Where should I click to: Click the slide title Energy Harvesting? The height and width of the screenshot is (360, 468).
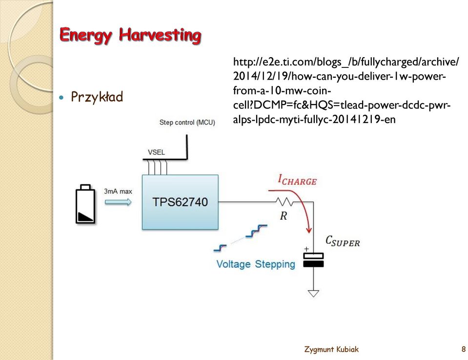(x=130, y=36)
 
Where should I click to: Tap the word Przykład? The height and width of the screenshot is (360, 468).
(x=97, y=97)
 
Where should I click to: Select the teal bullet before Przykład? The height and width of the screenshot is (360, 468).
(x=62, y=97)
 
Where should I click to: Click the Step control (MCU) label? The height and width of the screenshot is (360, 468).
(x=187, y=123)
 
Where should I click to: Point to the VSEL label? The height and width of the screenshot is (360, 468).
(x=156, y=152)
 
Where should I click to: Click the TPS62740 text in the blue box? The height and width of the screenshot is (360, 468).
(x=180, y=202)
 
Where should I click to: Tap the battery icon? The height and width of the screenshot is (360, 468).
(x=86, y=204)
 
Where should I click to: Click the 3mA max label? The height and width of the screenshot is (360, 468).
(x=118, y=191)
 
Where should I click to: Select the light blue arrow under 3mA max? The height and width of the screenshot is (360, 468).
(x=118, y=202)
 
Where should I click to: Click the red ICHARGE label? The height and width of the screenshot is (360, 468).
(x=297, y=180)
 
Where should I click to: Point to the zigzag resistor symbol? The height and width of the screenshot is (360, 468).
(x=285, y=202)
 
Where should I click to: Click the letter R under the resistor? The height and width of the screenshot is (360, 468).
(x=283, y=216)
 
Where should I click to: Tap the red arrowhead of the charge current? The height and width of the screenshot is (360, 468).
(x=309, y=230)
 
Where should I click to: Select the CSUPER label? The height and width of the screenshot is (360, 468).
(x=343, y=241)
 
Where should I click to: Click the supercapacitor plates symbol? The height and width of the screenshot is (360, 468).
(x=313, y=260)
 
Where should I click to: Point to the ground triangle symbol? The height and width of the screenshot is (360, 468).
(x=313, y=294)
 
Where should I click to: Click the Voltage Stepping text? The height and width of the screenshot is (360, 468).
(x=256, y=264)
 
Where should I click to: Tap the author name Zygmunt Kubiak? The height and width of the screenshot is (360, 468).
(x=331, y=349)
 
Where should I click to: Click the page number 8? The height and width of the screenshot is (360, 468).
(x=464, y=349)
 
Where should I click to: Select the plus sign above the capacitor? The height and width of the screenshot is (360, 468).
(x=306, y=249)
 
